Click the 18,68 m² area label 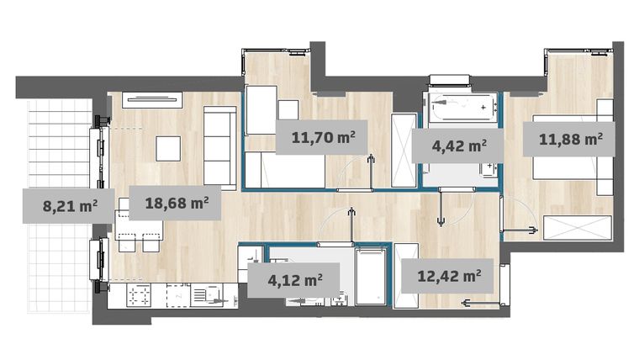[177, 203]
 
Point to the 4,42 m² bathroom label [459, 145]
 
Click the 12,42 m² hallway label [443, 273]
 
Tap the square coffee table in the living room [168, 148]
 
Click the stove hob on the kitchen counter [138, 295]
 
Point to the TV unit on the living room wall [152, 99]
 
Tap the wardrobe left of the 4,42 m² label [404, 149]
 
